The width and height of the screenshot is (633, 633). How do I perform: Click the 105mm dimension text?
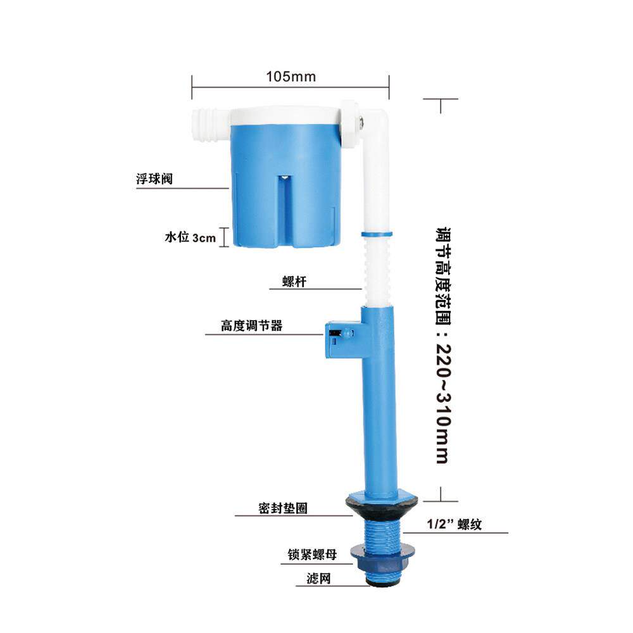pos(291,77)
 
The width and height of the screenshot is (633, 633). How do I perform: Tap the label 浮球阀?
pos(154,179)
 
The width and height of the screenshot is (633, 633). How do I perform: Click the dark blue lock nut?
pos(379,556)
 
